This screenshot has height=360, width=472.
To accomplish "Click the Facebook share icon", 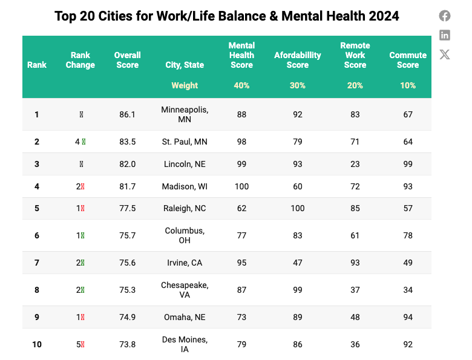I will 445,16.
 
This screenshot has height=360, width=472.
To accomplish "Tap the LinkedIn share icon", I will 445,35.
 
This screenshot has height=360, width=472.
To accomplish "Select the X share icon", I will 445,54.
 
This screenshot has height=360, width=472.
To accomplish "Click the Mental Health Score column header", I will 241,55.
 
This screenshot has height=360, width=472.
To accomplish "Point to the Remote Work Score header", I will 355,55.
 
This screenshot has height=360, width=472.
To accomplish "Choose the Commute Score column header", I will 408,60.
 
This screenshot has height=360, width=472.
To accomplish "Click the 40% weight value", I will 241,85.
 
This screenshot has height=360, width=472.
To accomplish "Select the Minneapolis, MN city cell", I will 185,114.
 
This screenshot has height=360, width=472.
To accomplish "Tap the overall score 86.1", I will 128,114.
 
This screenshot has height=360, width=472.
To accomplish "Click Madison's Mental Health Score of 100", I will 241,186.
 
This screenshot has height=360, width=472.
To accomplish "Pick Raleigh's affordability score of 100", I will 298,208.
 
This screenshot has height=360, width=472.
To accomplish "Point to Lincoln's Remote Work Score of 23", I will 355,164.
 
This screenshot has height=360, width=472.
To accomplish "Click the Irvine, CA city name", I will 185,263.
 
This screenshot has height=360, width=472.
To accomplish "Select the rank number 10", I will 37,344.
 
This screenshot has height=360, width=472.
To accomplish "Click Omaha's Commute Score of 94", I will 408,317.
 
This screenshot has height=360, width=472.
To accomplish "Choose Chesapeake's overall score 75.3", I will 128,290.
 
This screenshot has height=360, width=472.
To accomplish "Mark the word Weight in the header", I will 185,85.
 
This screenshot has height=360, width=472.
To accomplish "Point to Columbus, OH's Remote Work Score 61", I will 355,235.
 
